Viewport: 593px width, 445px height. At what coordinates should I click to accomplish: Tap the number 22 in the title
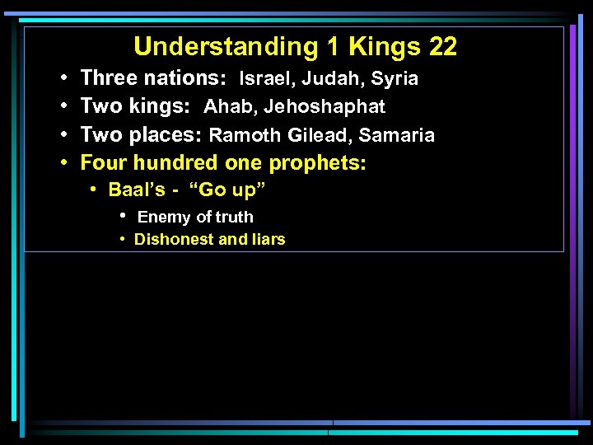(443, 47)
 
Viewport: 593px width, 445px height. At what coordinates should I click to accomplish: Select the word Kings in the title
(384, 47)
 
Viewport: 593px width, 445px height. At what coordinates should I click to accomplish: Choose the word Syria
(395, 80)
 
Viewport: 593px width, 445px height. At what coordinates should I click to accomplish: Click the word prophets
(318, 163)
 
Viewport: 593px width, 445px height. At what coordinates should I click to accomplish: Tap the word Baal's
(138, 190)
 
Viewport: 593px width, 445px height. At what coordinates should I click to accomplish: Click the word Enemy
(164, 218)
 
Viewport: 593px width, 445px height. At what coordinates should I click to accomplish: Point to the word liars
(267, 240)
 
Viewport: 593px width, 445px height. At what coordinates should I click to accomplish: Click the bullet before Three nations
(63, 79)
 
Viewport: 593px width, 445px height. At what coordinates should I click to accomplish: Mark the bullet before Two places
(63, 134)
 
